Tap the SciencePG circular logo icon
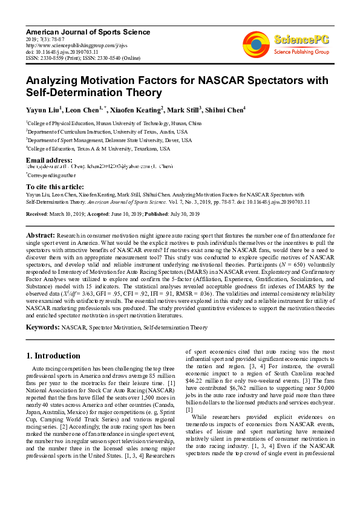[x=257, y=44]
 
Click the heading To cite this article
[x=54, y=187]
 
